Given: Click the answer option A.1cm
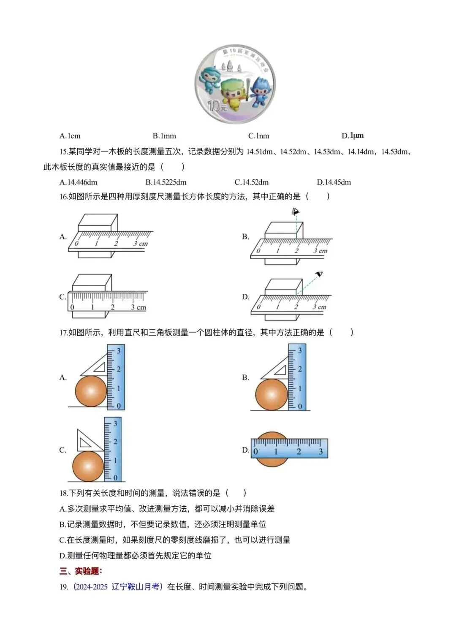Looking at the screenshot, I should point(70,136).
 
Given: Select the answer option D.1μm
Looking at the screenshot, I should point(353,136).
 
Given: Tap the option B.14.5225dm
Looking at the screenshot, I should point(166,182).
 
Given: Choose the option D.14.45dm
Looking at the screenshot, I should point(334,182).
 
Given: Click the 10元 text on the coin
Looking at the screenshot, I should point(217,105).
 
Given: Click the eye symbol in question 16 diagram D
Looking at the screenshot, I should point(319,274).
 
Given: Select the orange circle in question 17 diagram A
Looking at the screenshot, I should point(91,391).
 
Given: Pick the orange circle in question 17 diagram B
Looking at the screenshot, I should point(271,394).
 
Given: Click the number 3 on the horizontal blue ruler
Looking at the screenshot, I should point(320,452).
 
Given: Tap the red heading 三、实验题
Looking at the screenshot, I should point(81,571).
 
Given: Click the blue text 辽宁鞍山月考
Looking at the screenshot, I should point(136,587).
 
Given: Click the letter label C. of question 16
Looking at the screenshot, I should point(62,297).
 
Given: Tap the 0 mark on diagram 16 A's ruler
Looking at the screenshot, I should point(76,244).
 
